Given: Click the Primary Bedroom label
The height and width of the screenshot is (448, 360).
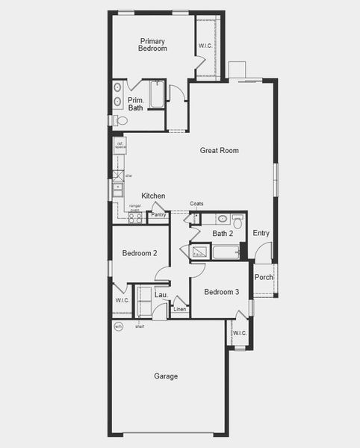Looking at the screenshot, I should (x=152, y=45).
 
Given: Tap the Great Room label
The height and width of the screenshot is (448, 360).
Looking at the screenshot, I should (x=219, y=151).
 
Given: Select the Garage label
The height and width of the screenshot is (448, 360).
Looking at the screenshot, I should (x=166, y=376).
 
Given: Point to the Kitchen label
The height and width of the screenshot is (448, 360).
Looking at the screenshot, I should (x=153, y=196).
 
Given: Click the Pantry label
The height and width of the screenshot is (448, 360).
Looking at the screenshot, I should (x=158, y=215).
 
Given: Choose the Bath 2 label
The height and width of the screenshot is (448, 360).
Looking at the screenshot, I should (x=223, y=234).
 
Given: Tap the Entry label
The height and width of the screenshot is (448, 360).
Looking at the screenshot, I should (x=261, y=234).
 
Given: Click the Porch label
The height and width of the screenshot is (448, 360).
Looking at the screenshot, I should (x=264, y=277).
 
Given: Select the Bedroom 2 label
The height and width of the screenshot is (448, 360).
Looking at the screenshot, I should (x=139, y=253).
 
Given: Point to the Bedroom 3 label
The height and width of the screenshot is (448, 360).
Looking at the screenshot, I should (x=221, y=292).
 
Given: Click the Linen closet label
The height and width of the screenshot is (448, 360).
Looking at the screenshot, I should (x=180, y=308).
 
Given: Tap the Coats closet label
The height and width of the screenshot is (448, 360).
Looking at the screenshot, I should (x=196, y=204).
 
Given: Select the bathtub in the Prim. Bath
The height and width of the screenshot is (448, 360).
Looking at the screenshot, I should (x=156, y=94).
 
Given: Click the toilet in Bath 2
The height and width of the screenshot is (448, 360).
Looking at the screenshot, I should (x=238, y=222).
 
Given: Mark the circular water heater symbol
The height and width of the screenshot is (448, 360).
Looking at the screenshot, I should (x=118, y=326).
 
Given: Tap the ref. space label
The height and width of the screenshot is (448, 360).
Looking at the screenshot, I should (x=120, y=146).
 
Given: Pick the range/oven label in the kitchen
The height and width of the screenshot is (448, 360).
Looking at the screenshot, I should (x=135, y=208).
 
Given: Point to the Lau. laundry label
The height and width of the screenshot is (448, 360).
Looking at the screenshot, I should (x=160, y=296).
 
